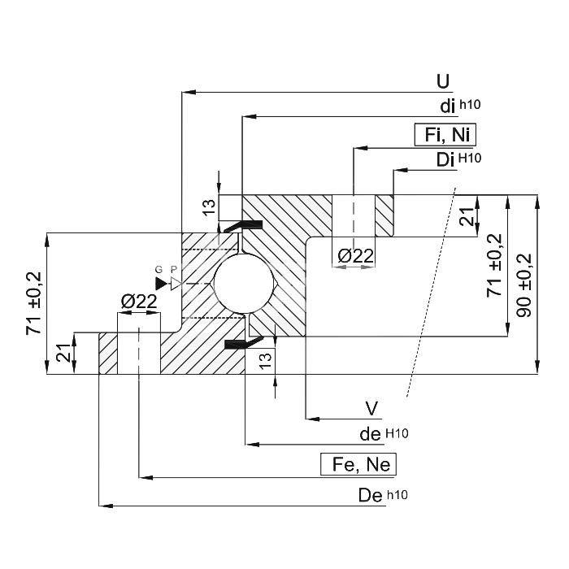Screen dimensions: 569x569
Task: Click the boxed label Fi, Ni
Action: coord(445,135)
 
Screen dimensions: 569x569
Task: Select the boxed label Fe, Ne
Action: coord(358,464)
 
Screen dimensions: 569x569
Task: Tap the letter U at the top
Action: coord(443,81)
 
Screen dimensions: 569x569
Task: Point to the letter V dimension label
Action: coord(371,409)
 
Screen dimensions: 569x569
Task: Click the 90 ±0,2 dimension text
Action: coord(524,285)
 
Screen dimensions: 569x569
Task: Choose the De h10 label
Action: coord(383,495)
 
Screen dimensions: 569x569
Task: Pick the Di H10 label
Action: coord(458,159)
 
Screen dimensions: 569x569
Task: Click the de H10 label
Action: coord(384,433)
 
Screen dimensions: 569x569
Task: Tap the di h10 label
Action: coord(460,106)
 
